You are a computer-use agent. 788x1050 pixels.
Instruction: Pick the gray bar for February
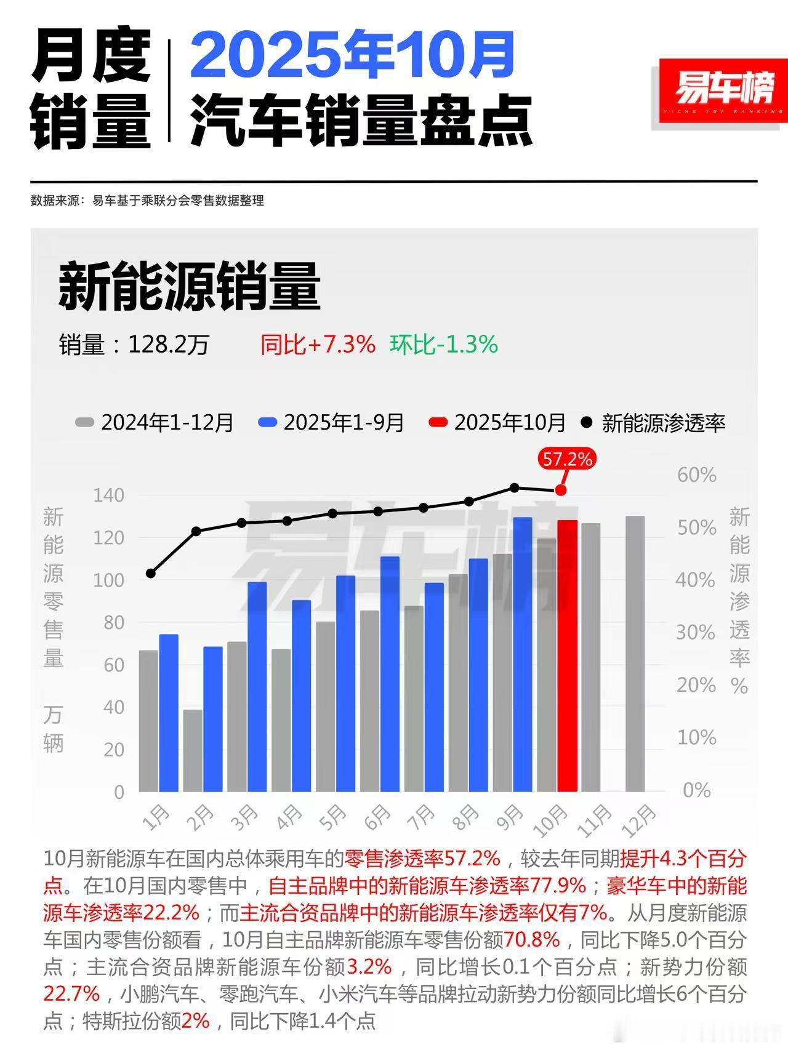tap(193, 750)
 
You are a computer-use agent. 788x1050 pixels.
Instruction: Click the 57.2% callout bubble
tap(567, 459)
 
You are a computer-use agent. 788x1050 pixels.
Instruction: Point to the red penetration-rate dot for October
tap(560, 490)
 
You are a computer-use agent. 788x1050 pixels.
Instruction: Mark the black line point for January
tap(151, 573)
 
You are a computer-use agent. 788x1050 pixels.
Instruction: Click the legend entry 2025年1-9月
tap(332, 423)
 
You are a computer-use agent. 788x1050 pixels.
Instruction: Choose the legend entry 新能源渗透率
tap(654, 423)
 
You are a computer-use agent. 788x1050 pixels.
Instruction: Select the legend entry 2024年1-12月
tap(155, 423)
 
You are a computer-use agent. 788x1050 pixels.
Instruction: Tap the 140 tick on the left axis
tap(108, 495)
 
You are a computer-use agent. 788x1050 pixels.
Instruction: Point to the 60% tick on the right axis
tap(696, 475)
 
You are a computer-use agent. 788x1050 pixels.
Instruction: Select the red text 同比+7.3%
tap(317, 345)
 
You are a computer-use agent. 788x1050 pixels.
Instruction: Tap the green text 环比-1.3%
tap(443, 345)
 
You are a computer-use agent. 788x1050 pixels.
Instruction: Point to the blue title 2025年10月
tap(352, 55)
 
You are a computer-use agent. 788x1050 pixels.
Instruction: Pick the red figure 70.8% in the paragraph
tap(532, 940)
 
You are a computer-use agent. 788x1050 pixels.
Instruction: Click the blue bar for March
tap(257, 686)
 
